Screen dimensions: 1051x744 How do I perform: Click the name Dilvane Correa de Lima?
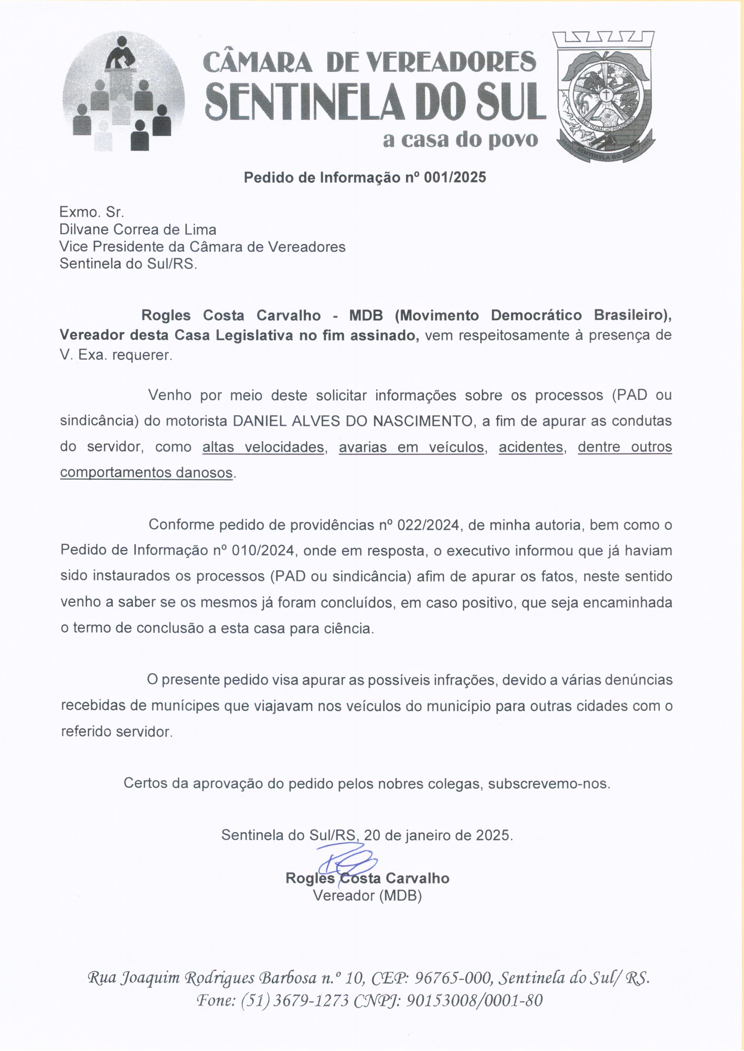137,229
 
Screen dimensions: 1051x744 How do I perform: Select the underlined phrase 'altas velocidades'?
263,447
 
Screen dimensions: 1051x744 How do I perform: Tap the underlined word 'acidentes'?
530,447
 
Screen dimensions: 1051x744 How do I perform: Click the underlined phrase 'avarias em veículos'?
411,447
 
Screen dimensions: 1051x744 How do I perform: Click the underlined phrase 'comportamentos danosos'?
146,472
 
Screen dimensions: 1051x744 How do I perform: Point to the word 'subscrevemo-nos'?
548,784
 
